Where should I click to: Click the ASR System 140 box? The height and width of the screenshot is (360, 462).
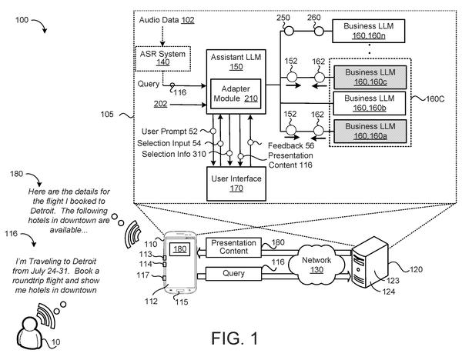pyautogui.click(x=162, y=58)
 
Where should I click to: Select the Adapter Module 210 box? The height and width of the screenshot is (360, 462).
pyautogui.click(x=236, y=94)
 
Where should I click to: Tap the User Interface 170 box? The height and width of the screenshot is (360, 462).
pyautogui.click(x=236, y=184)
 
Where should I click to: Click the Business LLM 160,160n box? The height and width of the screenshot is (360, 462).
pyautogui.click(x=369, y=31)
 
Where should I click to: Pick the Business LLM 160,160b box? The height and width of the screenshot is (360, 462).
pyautogui.click(x=370, y=103)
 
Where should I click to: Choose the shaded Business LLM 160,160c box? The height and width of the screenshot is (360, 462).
pyautogui.click(x=370, y=77)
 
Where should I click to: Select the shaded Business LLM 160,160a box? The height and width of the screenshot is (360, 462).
pyautogui.click(x=370, y=132)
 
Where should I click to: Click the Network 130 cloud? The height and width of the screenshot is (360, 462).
pyautogui.click(x=316, y=265)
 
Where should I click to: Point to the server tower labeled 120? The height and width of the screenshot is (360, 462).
pyautogui.click(x=370, y=262)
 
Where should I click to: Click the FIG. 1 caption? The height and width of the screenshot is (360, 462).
pyautogui.click(x=235, y=338)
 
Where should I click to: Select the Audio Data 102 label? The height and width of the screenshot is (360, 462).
pyautogui.click(x=167, y=20)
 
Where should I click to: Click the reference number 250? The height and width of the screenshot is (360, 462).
pyautogui.click(x=283, y=18)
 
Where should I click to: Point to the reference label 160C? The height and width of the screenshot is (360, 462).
pyautogui.click(x=435, y=98)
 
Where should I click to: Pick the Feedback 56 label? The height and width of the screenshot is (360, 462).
pyautogui.click(x=291, y=145)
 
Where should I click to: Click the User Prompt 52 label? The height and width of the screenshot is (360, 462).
pyautogui.click(x=169, y=132)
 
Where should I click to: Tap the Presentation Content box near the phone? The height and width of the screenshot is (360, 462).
pyautogui.click(x=233, y=247)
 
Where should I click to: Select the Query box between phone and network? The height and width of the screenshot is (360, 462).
pyautogui.click(x=233, y=273)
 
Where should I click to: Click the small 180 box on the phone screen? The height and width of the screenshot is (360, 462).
pyautogui.click(x=179, y=249)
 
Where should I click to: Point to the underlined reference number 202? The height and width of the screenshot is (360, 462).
pyautogui.click(x=160, y=104)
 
